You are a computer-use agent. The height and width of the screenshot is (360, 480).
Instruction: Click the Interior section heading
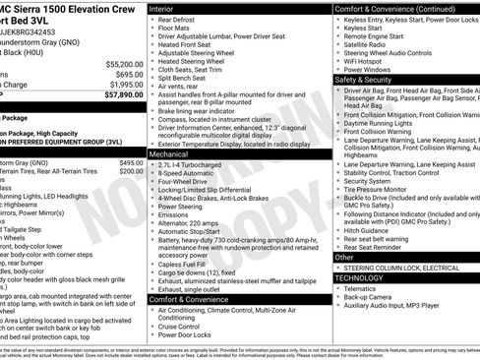click(x=167, y=8)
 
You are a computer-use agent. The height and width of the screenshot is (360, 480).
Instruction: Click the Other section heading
click(x=344, y=257)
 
